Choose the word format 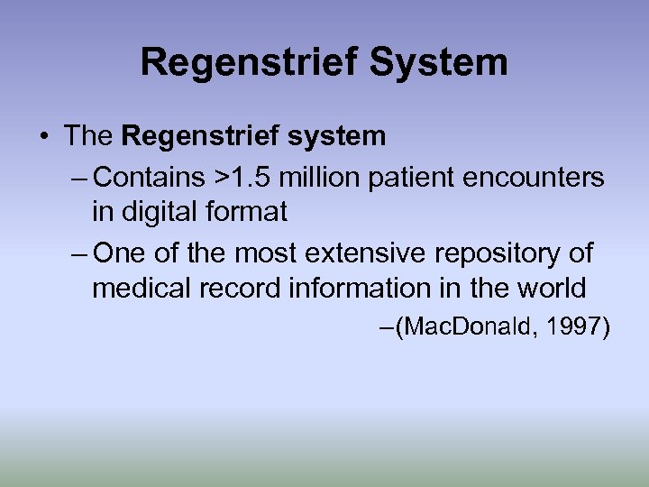point(246,213)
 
